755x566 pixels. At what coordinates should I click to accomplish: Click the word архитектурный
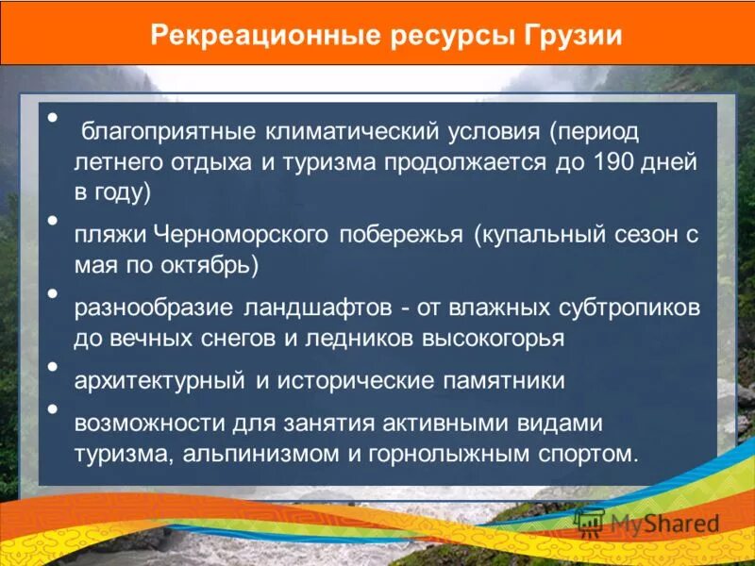(161, 380)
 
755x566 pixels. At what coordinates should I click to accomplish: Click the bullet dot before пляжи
(53, 221)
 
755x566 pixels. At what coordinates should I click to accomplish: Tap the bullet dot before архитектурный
(53, 366)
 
